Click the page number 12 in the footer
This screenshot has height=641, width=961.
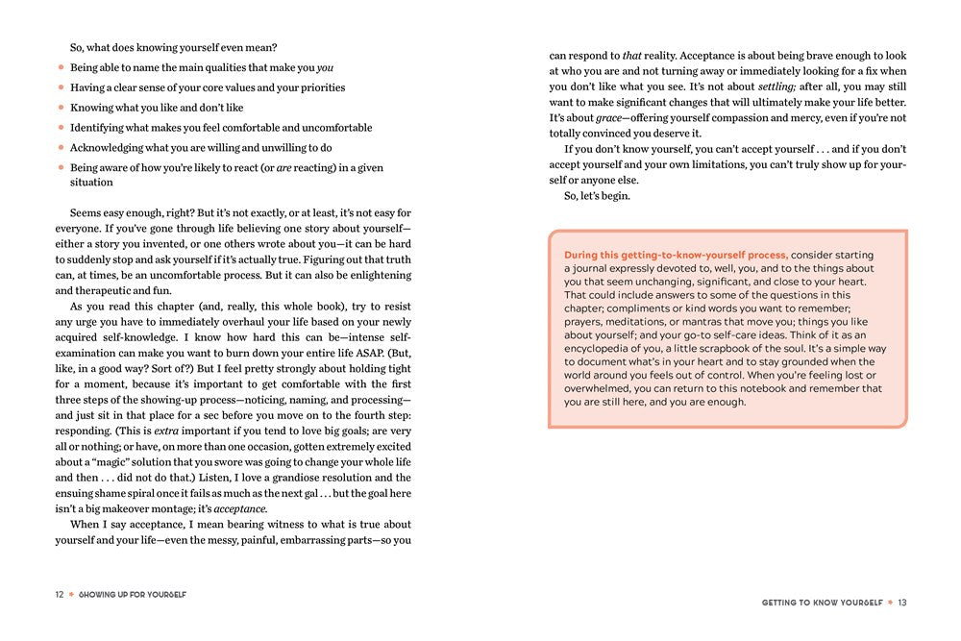pyautogui.click(x=59, y=595)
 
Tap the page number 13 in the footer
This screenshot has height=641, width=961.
pyautogui.click(x=903, y=602)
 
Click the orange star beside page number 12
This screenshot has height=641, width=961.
pyautogui.click(x=70, y=595)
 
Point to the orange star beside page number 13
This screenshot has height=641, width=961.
pyautogui.click(x=890, y=602)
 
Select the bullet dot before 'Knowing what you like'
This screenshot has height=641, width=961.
pyautogui.click(x=61, y=108)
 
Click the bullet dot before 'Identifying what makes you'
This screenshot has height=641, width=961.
pyautogui.click(x=61, y=128)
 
